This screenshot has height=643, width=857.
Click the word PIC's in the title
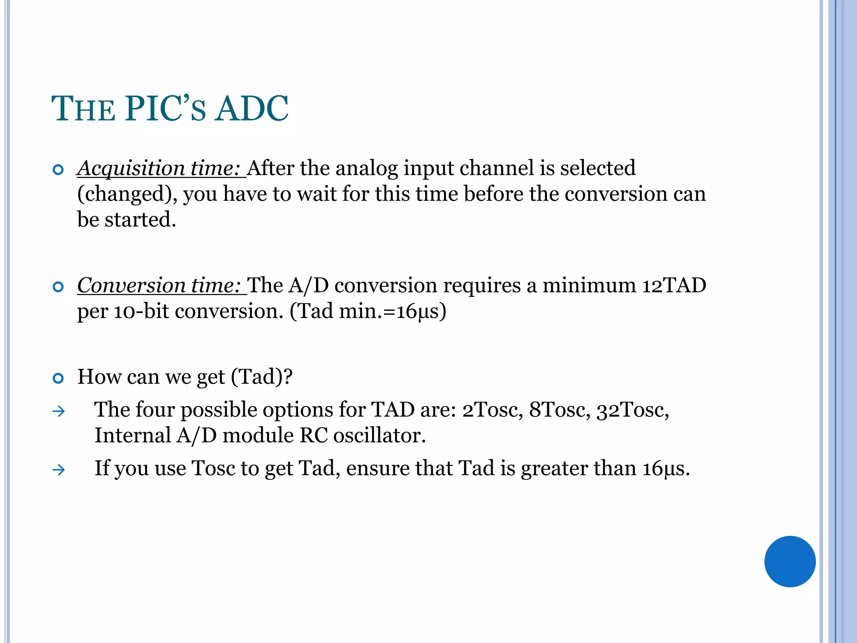(x=165, y=109)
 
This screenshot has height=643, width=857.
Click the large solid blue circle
(x=790, y=561)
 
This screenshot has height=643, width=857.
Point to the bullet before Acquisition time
(x=58, y=170)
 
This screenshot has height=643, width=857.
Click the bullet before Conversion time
(x=58, y=287)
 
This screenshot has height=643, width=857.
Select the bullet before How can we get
(x=58, y=378)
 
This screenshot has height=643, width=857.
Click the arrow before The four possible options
(x=59, y=412)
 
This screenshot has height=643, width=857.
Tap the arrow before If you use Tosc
(x=59, y=470)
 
